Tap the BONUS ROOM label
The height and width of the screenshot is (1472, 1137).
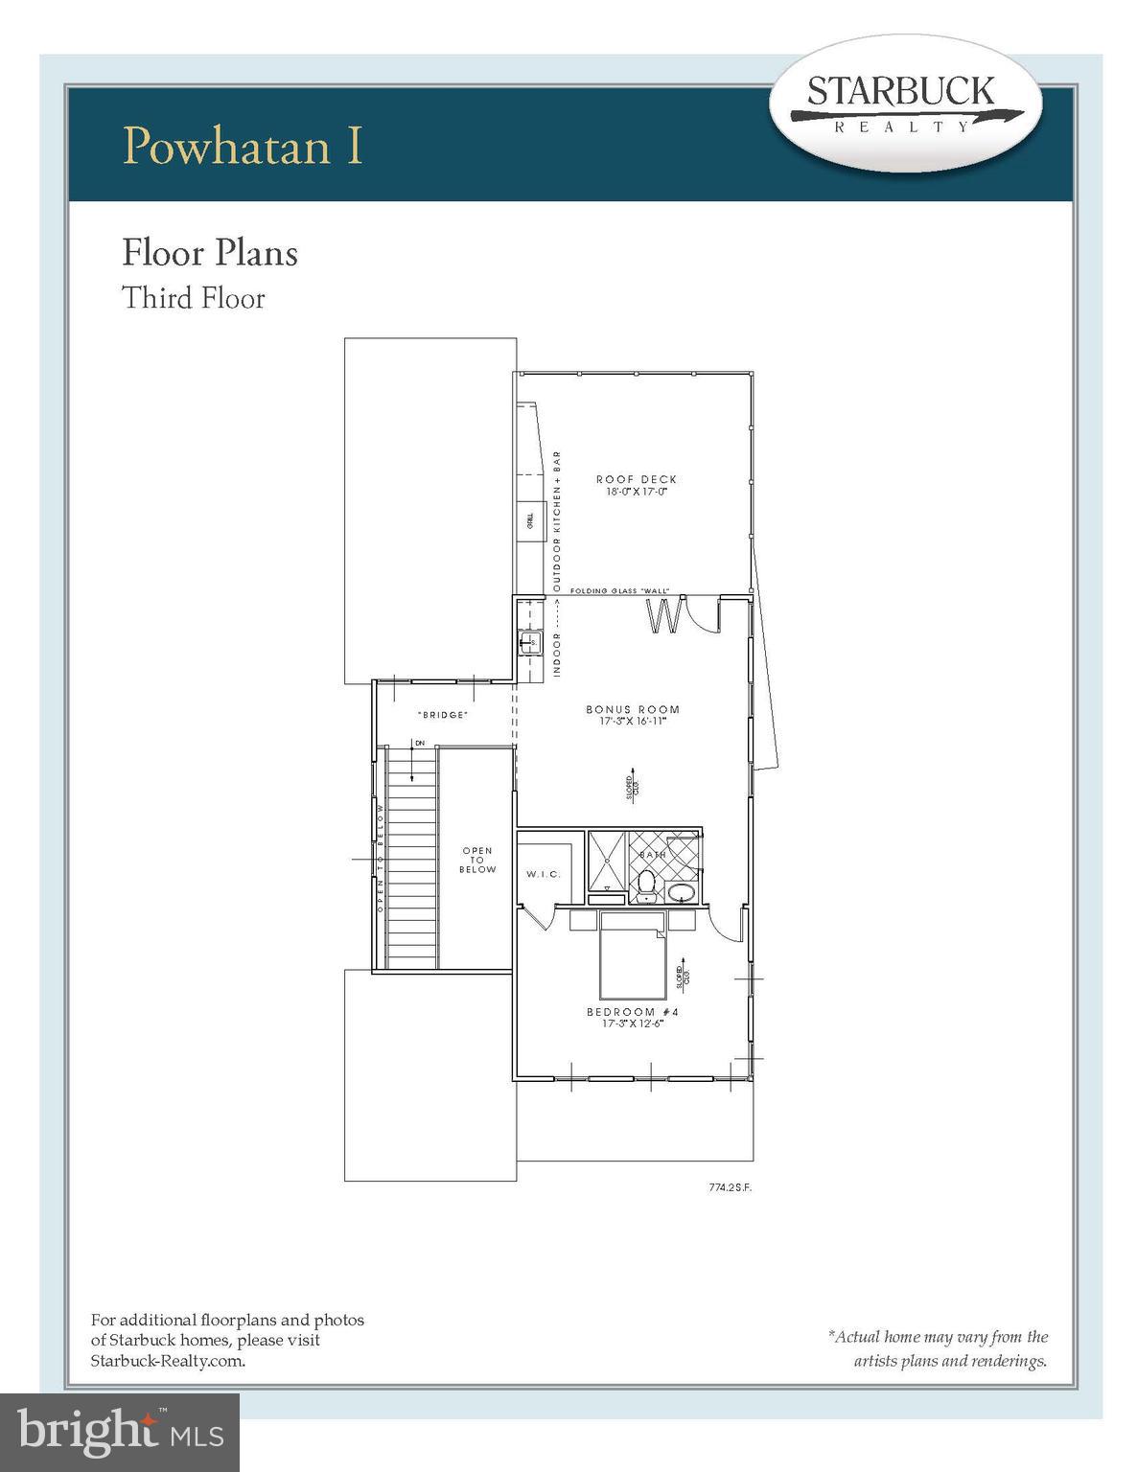633,710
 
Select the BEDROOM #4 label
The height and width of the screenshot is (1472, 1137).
633,1012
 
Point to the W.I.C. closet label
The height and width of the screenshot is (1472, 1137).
543,874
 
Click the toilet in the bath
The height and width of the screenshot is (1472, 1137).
646,883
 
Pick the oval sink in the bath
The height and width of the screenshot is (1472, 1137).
682,894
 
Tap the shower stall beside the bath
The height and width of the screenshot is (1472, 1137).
607,862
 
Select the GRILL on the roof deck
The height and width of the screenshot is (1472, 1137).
529,522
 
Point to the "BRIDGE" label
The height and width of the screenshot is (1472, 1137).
443,715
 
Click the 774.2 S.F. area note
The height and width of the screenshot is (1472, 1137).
731,1187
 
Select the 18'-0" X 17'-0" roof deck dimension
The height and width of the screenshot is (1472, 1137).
636,492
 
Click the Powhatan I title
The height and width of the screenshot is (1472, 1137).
244,145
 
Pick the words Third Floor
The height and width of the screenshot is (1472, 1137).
193,298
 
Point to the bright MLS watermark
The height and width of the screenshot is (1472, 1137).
120,1433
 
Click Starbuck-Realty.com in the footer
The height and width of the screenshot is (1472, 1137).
168,1360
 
